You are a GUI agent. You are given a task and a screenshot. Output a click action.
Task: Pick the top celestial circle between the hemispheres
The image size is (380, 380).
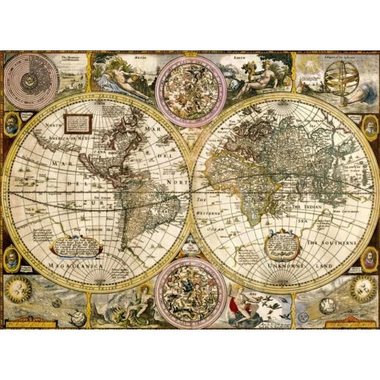point(189,91)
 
